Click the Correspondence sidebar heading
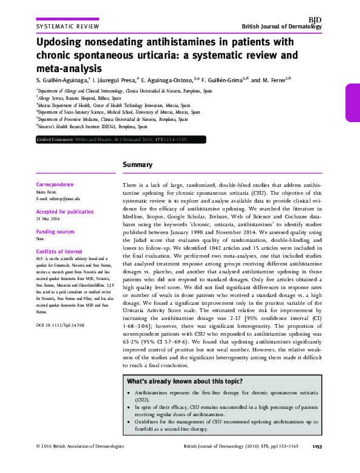[55, 184]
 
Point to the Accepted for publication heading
[64, 213]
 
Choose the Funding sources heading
[56, 232]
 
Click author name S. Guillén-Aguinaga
[62, 79]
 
